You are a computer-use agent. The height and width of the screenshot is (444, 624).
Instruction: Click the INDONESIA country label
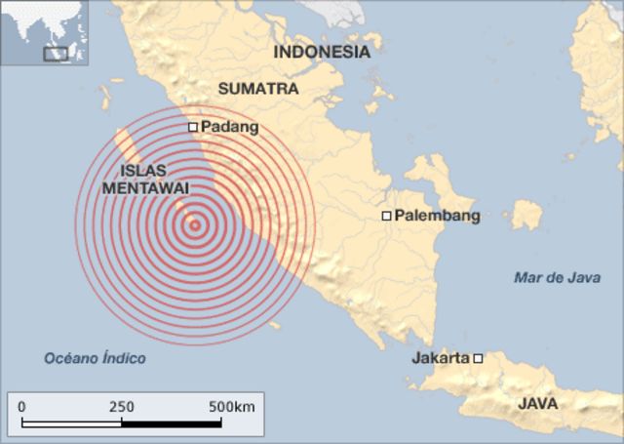(x=321, y=53)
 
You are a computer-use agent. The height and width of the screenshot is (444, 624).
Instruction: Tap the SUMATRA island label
(x=258, y=89)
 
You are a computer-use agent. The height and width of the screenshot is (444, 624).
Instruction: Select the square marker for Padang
(x=193, y=127)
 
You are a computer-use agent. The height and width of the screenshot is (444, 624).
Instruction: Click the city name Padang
(x=229, y=127)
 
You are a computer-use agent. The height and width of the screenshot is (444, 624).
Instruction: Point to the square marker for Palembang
(x=386, y=216)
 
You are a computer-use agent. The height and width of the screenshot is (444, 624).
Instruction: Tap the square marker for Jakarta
(x=478, y=358)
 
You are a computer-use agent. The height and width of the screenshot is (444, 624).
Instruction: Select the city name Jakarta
(x=441, y=358)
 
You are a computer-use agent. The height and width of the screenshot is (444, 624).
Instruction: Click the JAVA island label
(x=538, y=402)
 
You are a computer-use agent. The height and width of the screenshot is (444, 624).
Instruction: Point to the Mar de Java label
(x=557, y=278)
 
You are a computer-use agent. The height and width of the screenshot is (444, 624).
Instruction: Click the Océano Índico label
(x=95, y=358)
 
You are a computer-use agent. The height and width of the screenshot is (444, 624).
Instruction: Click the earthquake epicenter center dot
(x=195, y=225)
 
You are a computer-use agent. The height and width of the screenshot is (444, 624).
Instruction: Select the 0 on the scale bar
(x=21, y=406)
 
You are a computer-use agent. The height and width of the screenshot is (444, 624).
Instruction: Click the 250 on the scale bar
(x=122, y=406)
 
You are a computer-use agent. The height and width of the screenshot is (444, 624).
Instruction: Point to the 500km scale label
(x=230, y=406)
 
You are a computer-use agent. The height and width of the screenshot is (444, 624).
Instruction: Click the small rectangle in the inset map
(x=57, y=54)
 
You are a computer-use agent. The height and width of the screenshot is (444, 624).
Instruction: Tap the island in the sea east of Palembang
(x=526, y=214)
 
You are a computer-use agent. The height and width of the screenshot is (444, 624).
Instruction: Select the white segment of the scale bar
(x=172, y=423)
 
